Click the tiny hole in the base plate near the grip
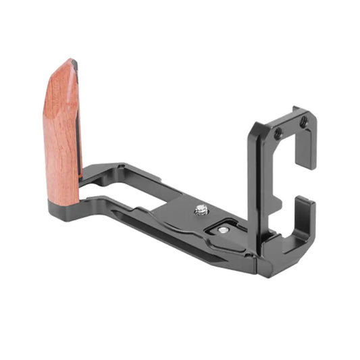(x=120, y=165)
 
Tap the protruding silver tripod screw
(x=200, y=209)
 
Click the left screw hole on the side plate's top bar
(x=277, y=134)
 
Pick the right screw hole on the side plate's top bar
(x=303, y=122)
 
